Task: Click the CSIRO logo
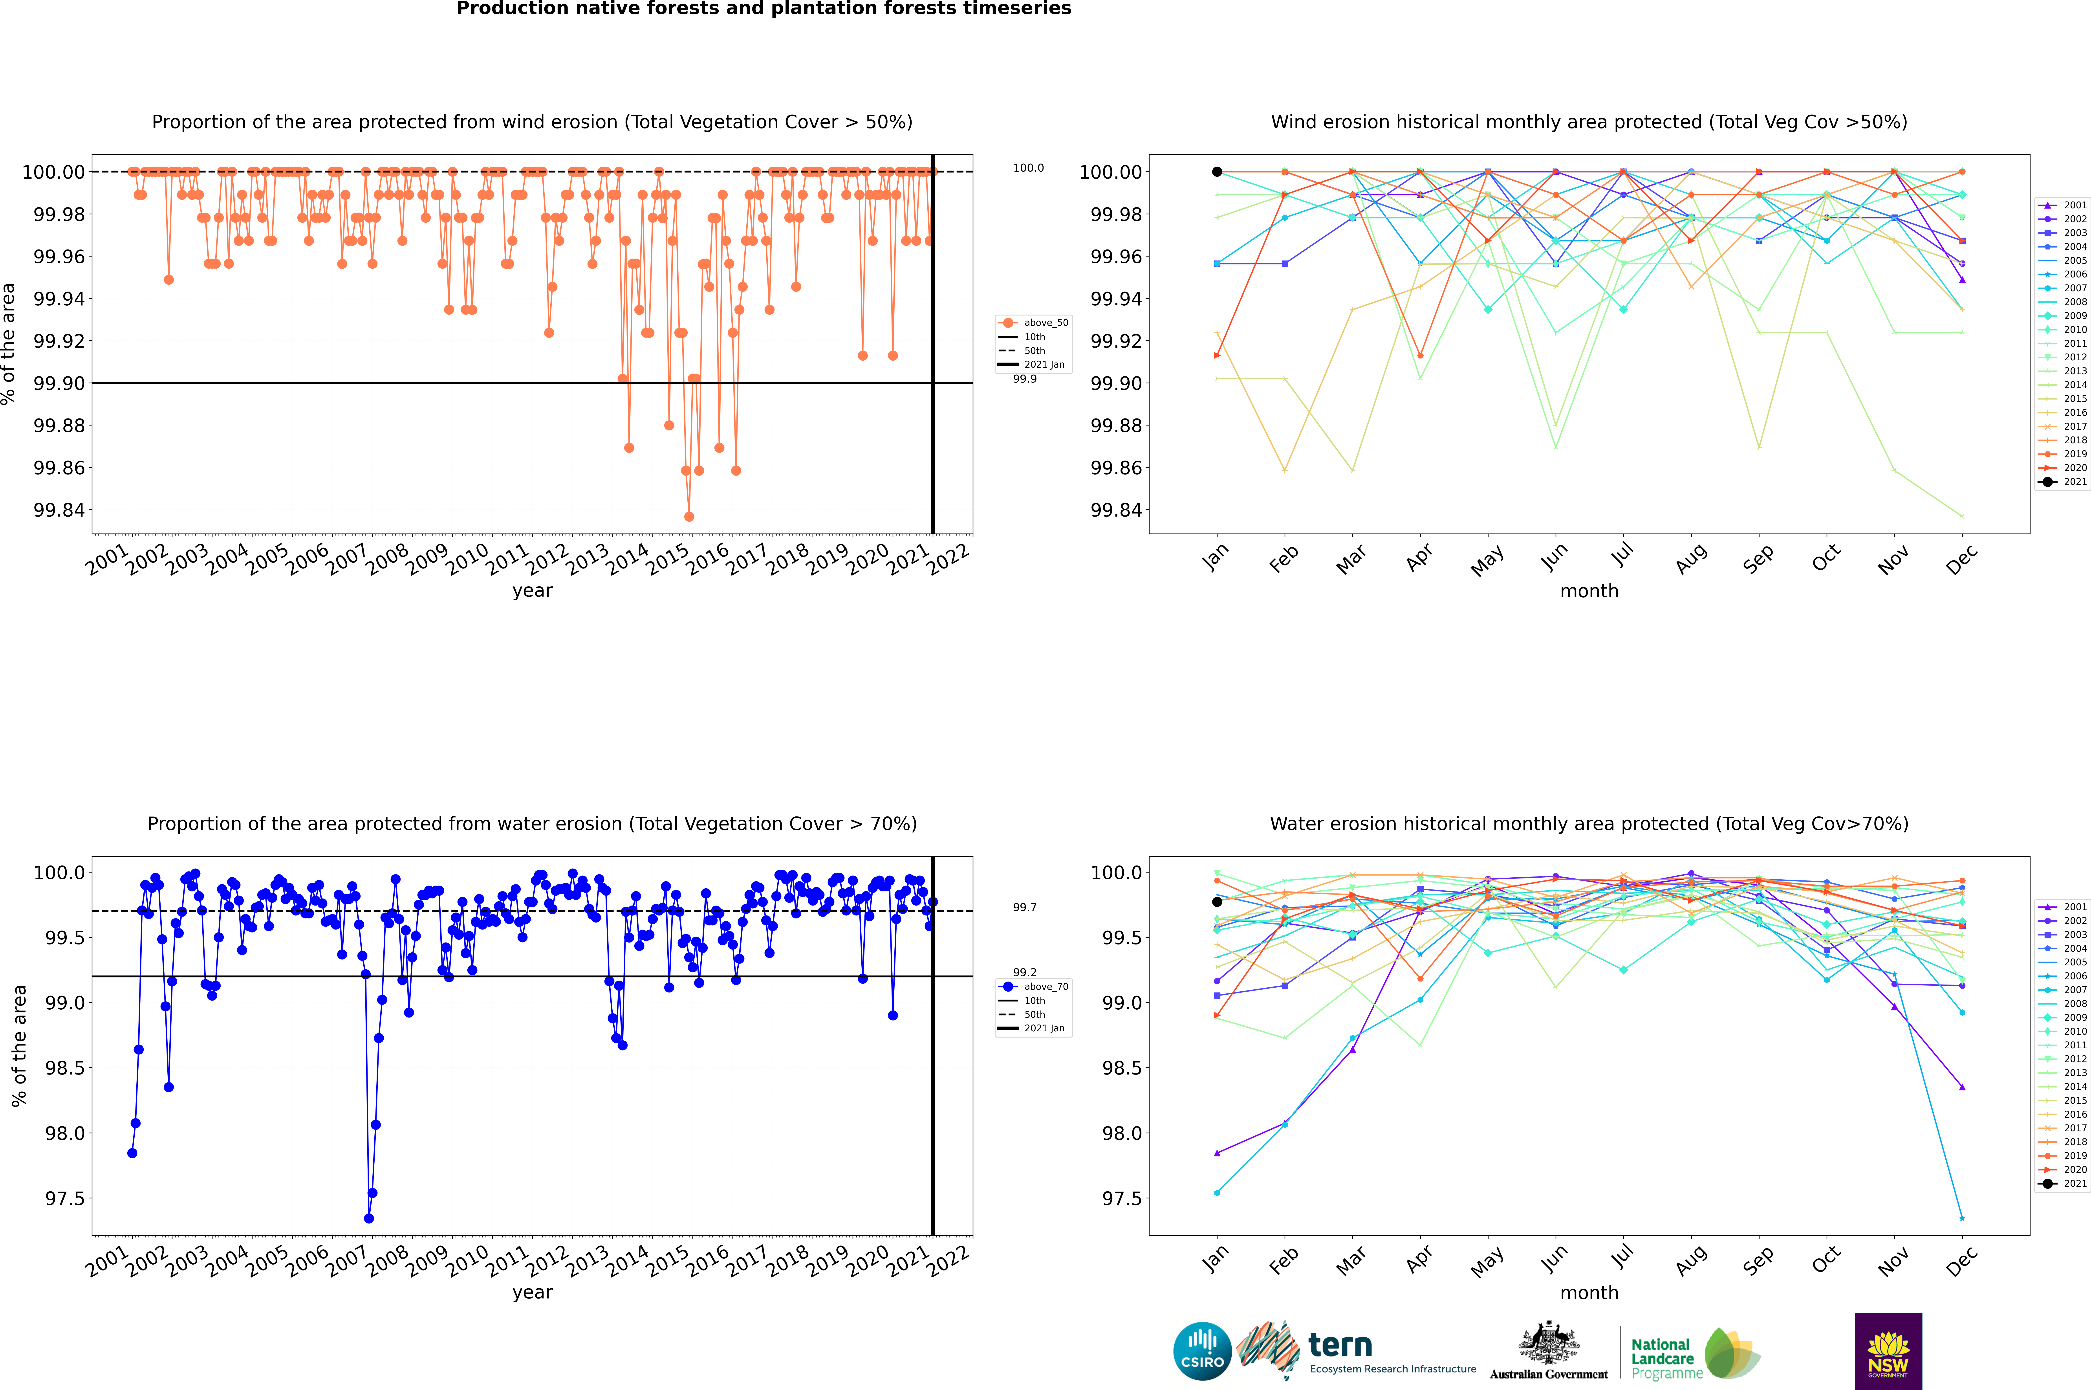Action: point(1202,1352)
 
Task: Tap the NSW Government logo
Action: point(1888,1351)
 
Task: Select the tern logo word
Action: point(1340,1346)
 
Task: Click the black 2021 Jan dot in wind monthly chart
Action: point(1217,172)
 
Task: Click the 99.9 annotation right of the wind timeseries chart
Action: point(1025,379)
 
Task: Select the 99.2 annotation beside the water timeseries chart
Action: point(1025,972)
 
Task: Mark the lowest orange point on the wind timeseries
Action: point(689,517)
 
